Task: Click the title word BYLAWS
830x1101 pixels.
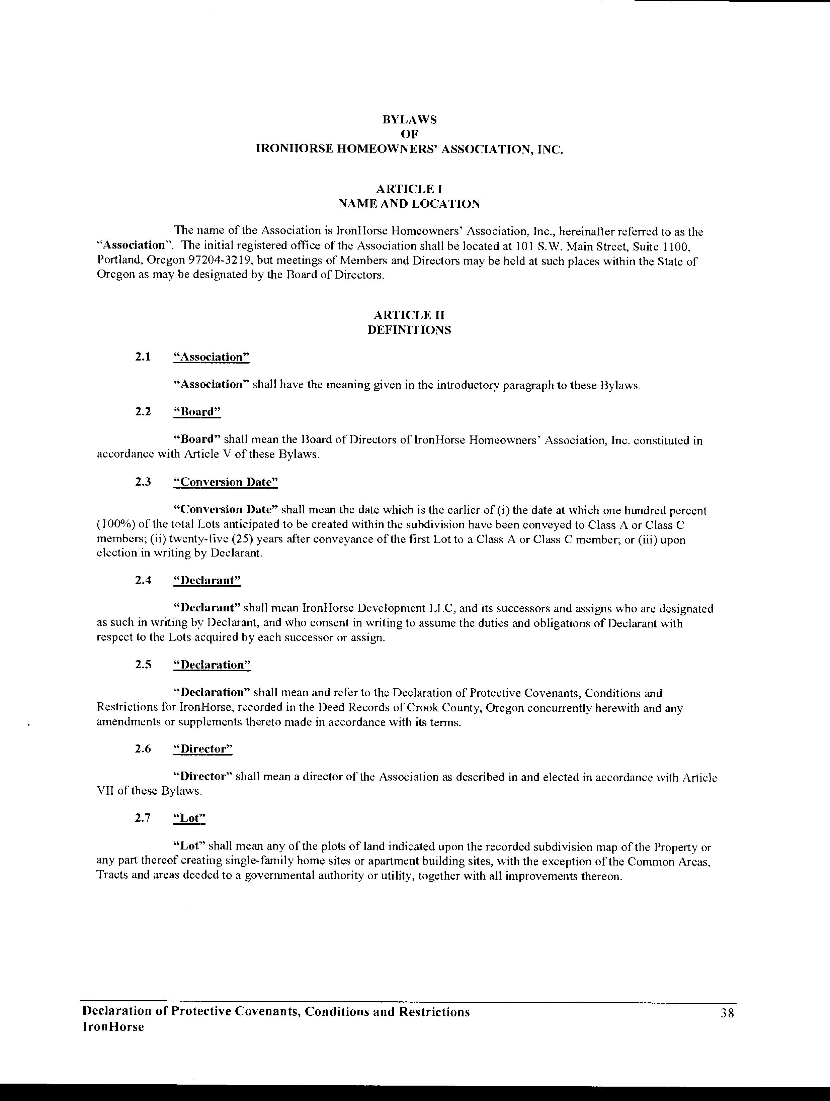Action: click(410, 120)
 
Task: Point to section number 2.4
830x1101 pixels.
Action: click(143, 580)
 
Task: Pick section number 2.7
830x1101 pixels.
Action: click(143, 818)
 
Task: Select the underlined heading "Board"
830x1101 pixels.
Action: click(197, 412)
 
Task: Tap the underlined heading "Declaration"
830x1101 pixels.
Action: click(212, 665)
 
